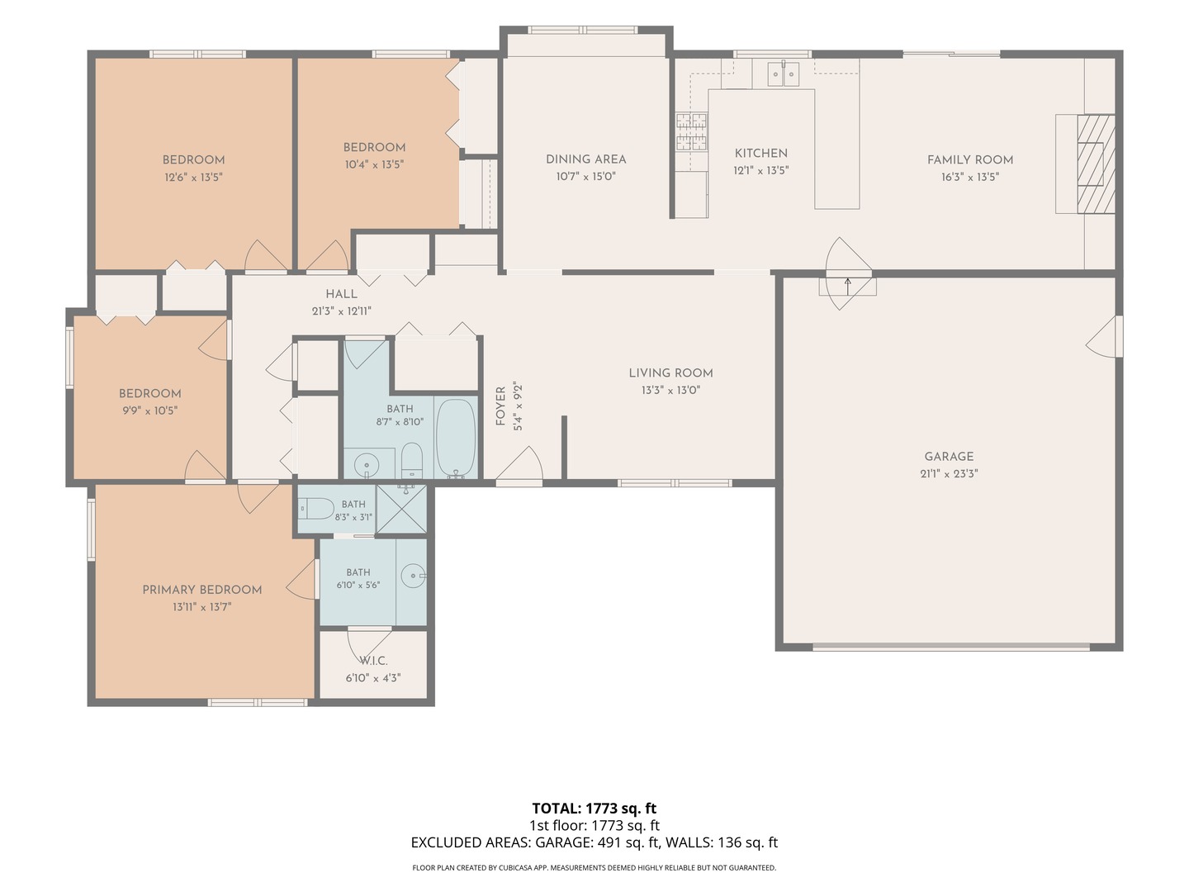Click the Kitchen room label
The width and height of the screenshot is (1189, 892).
click(x=760, y=154)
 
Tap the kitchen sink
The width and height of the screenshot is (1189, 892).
click(x=784, y=74)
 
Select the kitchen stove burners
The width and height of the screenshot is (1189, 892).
click(x=692, y=131)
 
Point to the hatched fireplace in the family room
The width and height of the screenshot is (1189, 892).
click(x=1096, y=164)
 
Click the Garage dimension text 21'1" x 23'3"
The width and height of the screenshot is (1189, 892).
click(x=949, y=473)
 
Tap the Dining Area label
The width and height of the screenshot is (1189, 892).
click(x=585, y=159)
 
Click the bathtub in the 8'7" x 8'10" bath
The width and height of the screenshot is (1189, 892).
click(x=456, y=438)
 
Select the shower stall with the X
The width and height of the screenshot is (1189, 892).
click(x=401, y=509)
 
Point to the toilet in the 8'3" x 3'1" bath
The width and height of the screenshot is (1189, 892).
click(x=316, y=509)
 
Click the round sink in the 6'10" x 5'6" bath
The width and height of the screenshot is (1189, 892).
click(x=415, y=576)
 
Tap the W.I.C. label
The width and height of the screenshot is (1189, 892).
click(x=374, y=661)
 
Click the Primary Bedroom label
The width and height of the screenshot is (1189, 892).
click(x=202, y=590)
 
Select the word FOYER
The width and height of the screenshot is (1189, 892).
click(x=500, y=406)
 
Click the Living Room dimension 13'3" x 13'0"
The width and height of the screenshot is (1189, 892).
click(x=670, y=390)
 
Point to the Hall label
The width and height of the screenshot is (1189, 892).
click(x=341, y=294)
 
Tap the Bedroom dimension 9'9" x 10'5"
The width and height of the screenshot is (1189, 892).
click(x=149, y=410)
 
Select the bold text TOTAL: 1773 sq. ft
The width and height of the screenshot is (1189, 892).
click(x=594, y=809)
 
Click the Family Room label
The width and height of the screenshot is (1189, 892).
click(x=969, y=159)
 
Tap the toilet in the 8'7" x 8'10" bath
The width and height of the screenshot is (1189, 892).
click(x=412, y=460)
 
